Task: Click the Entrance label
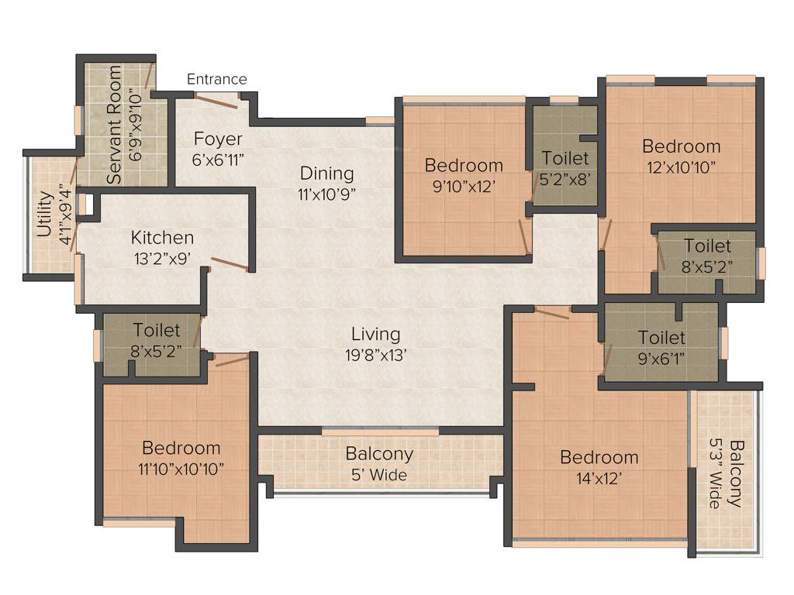(x=217, y=79)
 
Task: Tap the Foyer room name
(x=218, y=139)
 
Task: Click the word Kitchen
(x=162, y=237)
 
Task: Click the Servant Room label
(x=115, y=124)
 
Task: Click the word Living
(x=376, y=334)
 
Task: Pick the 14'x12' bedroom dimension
(x=599, y=477)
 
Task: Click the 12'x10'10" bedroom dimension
(x=681, y=166)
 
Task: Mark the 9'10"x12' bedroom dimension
(x=464, y=185)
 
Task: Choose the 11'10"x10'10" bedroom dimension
(x=181, y=468)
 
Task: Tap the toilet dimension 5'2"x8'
(x=565, y=177)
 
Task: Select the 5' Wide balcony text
(x=379, y=474)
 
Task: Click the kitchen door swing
(x=230, y=265)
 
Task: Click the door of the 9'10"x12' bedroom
(x=525, y=236)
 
